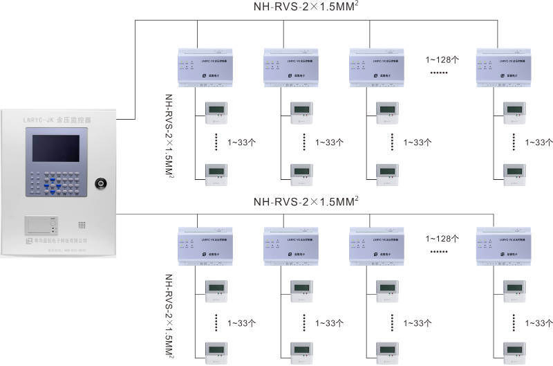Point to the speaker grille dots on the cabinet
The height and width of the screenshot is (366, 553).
82,226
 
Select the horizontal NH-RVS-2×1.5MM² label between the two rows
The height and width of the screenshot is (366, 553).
306,202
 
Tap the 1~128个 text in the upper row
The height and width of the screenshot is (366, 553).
442,60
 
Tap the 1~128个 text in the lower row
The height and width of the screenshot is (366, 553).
442,237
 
